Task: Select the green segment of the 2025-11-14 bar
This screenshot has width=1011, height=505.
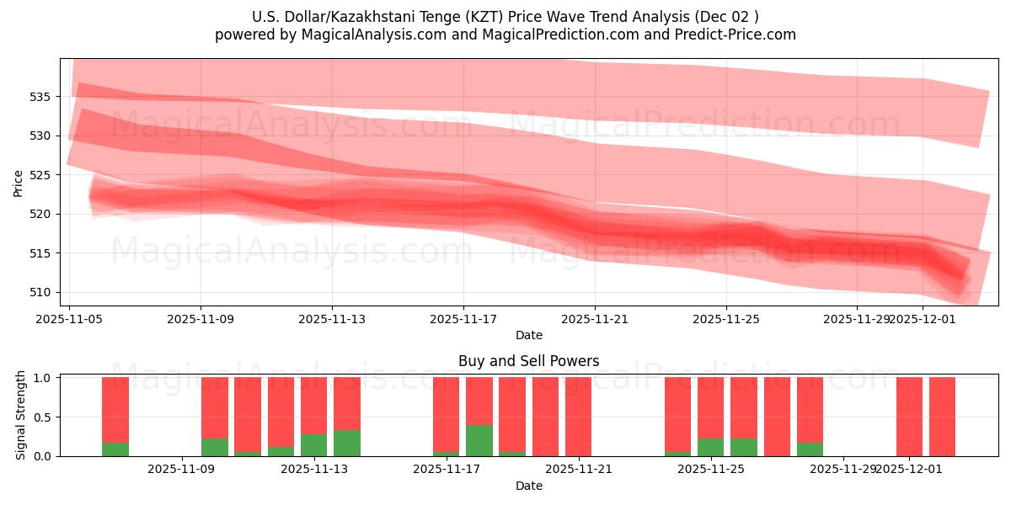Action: point(347,444)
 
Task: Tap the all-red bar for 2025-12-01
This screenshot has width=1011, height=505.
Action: point(909,417)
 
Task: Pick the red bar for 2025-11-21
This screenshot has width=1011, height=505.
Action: point(578,417)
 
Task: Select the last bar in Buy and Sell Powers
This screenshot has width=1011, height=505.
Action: point(942,417)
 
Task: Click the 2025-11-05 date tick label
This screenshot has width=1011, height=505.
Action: point(69,320)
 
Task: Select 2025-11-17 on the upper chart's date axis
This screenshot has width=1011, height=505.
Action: point(463,320)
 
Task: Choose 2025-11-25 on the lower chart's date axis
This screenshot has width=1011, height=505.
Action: point(711,470)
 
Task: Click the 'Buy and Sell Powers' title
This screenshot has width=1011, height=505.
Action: point(528,361)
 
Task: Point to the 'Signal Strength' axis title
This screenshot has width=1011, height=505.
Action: point(21,417)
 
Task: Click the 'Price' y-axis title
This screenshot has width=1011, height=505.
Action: point(19,182)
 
